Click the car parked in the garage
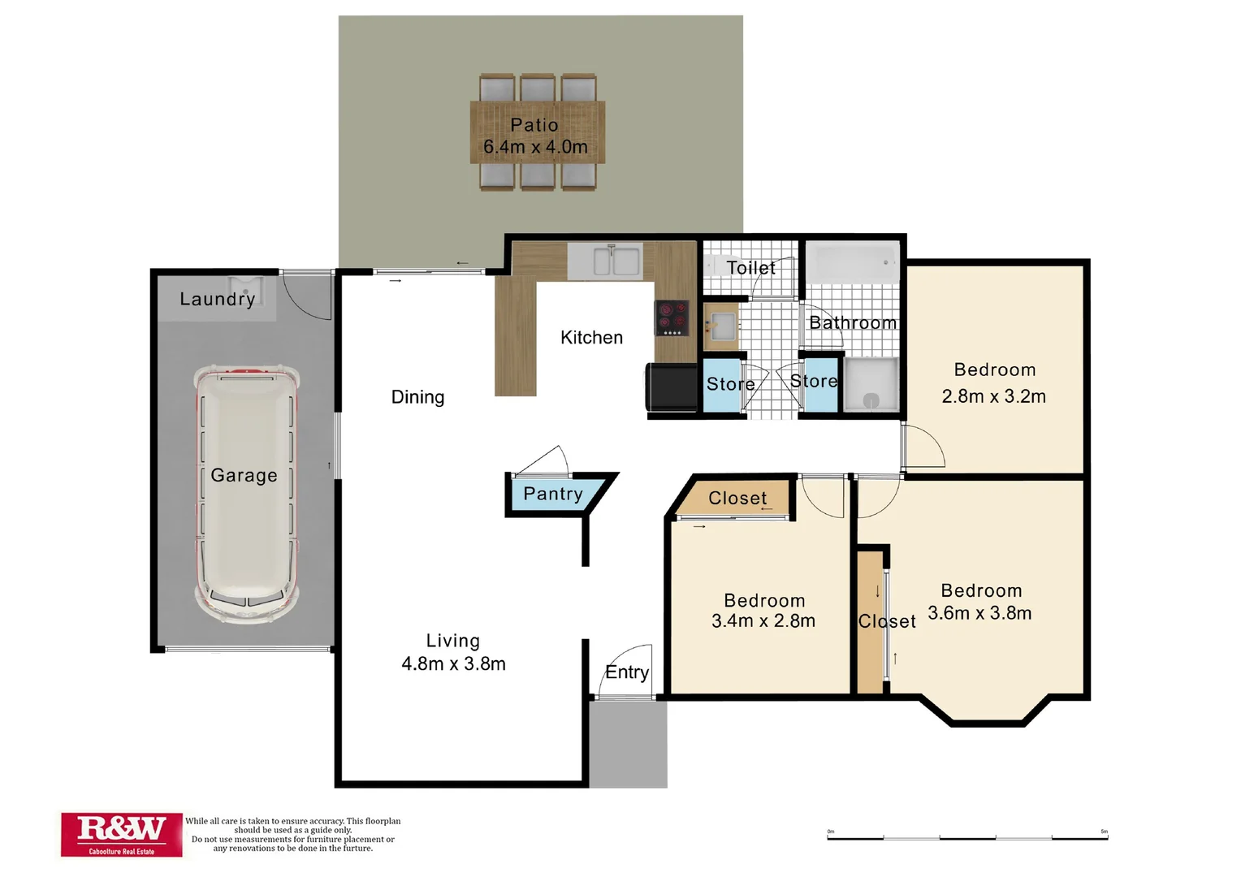(x=246, y=494)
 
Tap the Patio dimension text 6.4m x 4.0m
(x=535, y=147)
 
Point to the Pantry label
(x=553, y=494)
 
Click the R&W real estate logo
(x=121, y=833)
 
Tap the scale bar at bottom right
(x=966, y=836)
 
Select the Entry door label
(x=627, y=672)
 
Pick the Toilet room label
(x=750, y=268)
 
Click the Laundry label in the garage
(x=217, y=299)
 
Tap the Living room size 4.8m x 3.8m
(x=453, y=663)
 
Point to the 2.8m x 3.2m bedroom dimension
(x=993, y=396)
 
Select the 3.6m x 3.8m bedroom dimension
(x=979, y=613)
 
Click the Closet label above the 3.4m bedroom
(x=737, y=498)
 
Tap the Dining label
(x=417, y=397)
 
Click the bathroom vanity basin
(x=720, y=326)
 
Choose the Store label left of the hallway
(x=730, y=384)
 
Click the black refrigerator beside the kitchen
(x=672, y=387)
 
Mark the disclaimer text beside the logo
(x=293, y=835)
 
